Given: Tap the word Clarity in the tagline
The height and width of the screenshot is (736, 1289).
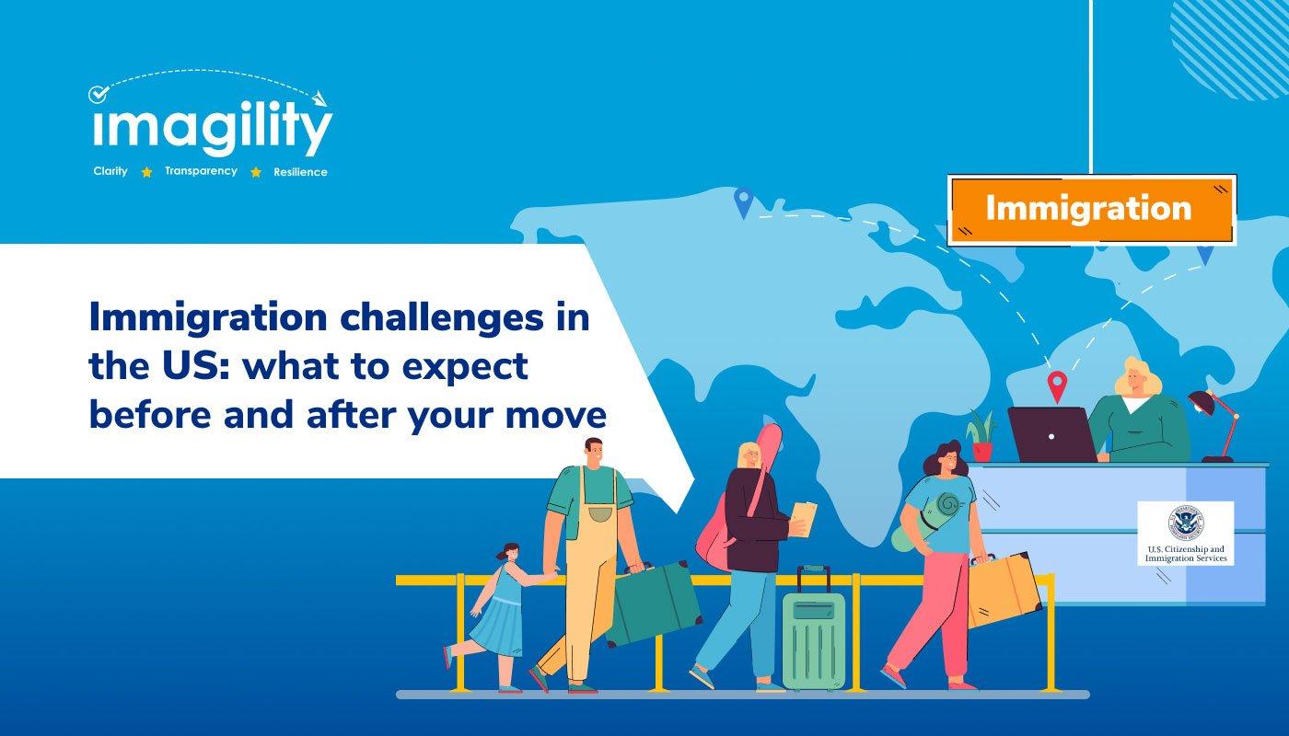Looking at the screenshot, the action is pos(110,171).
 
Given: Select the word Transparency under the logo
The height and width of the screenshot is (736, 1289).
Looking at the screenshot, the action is pos(201,171).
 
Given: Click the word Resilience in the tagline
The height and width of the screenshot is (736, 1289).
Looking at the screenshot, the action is pos(300,172).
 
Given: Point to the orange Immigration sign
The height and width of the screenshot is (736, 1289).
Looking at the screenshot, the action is pos(1092,210).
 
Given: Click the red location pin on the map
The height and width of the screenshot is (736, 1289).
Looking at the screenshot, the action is pos(1057,386).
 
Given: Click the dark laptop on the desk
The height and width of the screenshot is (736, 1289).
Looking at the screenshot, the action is pos(1052,434).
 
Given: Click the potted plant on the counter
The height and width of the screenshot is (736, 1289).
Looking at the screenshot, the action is pos(981,435).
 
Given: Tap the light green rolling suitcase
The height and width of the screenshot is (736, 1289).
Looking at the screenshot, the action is pos(814,627).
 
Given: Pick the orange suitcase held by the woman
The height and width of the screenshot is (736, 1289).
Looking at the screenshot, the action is pos(1004,590).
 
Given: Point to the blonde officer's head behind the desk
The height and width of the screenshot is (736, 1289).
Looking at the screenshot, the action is pos(1136,377).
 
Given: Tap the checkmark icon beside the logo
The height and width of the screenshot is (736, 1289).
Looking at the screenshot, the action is pos(99,94).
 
